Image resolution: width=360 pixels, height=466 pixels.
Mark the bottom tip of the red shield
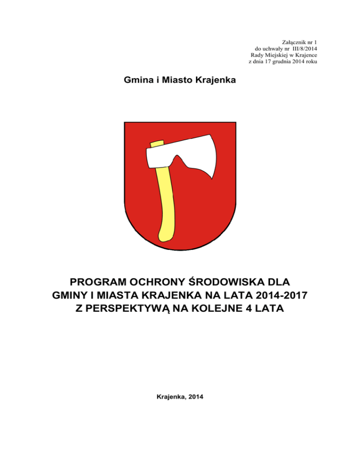point(180,249)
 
